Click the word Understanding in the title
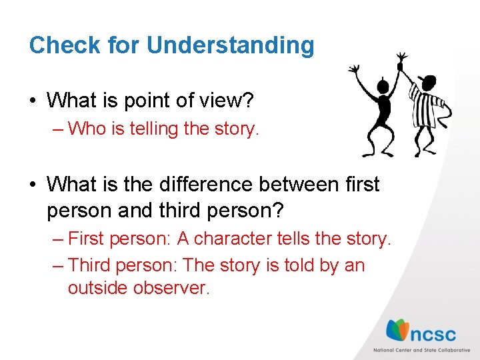point(230,45)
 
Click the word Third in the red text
point(90,265)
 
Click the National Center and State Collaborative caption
point(421,351)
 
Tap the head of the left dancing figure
point(383,87)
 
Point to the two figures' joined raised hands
point(401,61)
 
